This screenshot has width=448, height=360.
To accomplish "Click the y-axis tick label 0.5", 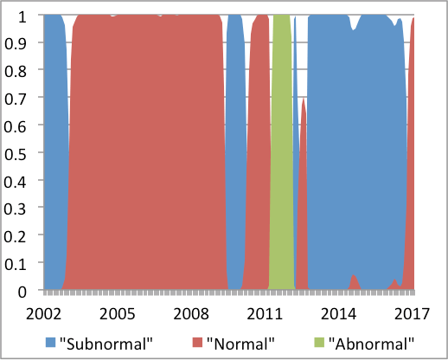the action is click(15, 153).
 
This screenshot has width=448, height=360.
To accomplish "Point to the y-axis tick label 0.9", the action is click(15, 43).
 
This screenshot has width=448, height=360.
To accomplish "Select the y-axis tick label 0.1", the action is click(15, 263).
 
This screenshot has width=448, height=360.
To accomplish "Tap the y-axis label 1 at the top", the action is click(22, 16).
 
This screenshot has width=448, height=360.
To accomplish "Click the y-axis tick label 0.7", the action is click(15, 98).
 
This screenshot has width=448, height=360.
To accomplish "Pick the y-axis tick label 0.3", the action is click(15, 209).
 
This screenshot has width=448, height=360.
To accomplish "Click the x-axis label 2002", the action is click(43, 314).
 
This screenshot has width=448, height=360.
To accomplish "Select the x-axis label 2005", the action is click(118, 314).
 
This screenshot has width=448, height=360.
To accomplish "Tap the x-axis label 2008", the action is click(191, 314).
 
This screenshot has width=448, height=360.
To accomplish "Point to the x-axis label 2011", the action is click(265, 314).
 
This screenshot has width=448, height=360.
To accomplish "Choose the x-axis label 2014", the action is click(338, 314).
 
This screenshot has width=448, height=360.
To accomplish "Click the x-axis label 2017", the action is click(412, 314).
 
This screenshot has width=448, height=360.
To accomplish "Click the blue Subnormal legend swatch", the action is click(50, 343).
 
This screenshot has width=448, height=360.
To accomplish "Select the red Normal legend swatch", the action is click(197, 343).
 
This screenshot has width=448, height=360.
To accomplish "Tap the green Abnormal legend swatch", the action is click(319, 343).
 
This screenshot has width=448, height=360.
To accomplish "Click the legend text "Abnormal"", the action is click(371, 344).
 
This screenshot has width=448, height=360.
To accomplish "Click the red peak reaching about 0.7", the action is click(304, 100).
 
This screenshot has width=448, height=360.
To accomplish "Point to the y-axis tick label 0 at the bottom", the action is click(22, 292).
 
